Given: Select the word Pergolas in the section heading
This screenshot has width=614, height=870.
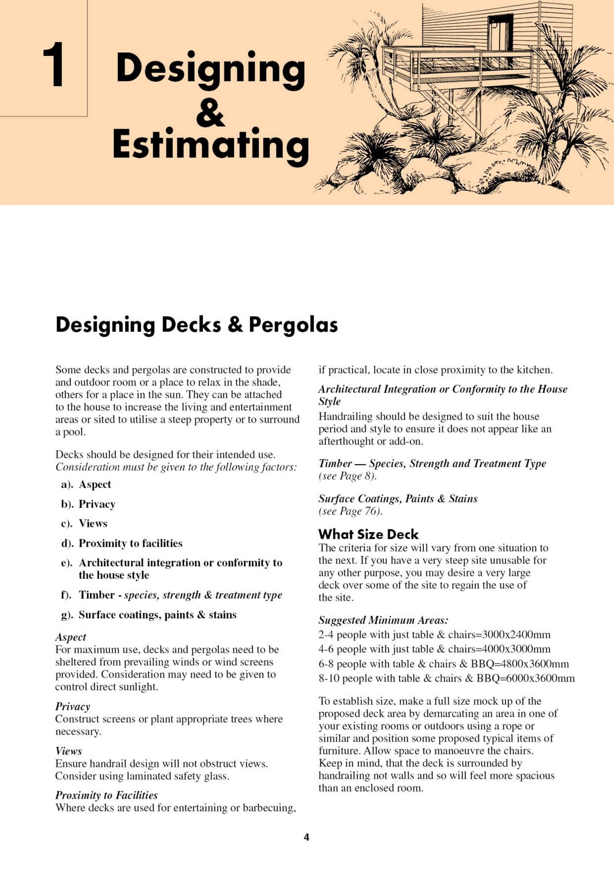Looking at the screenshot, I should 293,325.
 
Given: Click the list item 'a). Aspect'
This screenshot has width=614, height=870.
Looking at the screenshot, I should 86,484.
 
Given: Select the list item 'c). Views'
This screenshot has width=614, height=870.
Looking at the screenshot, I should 84,523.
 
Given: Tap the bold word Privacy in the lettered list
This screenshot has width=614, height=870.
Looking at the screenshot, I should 97,504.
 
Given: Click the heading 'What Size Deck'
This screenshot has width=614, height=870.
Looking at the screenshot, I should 368,534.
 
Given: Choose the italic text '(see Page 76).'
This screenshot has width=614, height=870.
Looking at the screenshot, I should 350,511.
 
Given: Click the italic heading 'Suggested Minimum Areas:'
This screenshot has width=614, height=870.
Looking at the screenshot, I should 383,620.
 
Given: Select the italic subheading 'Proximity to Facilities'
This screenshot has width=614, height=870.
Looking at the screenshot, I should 106,795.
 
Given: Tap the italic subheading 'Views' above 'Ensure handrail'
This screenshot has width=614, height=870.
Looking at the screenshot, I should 69,751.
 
